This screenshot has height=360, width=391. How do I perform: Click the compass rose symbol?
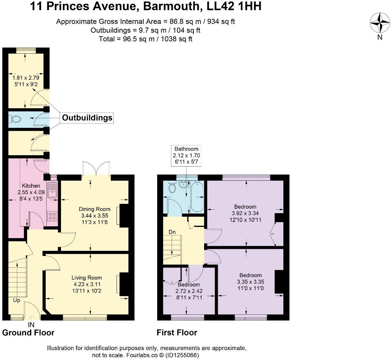[x=380, y=23]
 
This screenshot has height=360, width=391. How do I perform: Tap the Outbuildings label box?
[x=87, y=118]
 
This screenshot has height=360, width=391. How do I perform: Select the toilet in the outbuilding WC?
[x=16, y=119]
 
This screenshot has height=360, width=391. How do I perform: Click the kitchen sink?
[x=52, y=190]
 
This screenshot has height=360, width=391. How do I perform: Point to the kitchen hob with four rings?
[x=52, y=216]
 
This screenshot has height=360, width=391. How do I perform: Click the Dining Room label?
[x=95, y=209]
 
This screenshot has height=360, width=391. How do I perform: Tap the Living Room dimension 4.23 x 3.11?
[x=87, y=284]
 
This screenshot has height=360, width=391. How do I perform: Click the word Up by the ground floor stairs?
[x=17, y=300]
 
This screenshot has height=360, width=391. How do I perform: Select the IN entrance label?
[x=31, y=325]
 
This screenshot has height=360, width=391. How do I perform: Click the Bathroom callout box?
[x=186, y=155]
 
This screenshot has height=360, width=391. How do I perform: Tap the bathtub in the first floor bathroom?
[x=197, y=197]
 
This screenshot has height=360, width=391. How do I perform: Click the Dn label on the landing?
[x=172, y=232]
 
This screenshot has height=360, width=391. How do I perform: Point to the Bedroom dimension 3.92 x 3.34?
[x=245, y=213]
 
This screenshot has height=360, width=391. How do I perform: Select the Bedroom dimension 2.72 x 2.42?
[x=189, y=291]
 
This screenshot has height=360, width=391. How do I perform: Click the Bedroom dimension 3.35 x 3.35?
[x=250, y=282]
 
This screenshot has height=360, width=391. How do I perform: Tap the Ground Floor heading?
[x=28, y=333]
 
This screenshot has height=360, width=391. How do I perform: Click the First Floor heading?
[x=177, y=333]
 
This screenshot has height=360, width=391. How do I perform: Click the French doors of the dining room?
[x=96, y=169]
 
